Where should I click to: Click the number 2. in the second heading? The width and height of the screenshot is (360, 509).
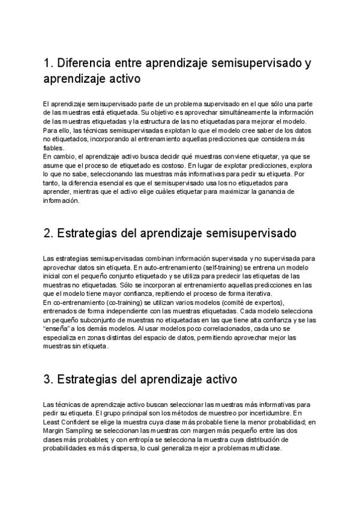(x=49, y=232)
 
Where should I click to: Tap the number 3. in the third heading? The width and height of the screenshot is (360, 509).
(x=49, y=379)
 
